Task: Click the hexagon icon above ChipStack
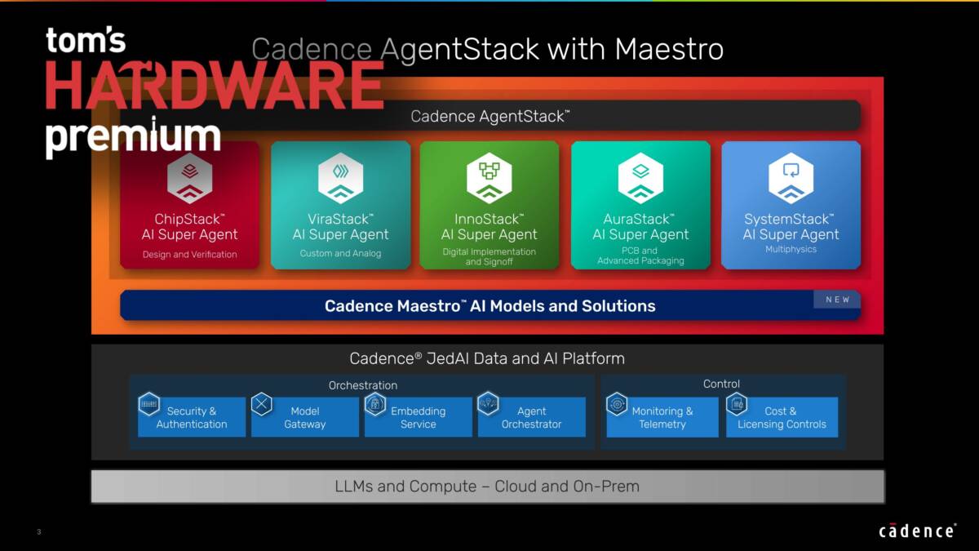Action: pos(189,178)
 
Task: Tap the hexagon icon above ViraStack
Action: pos(340,178)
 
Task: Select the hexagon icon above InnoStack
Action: pos(489,178)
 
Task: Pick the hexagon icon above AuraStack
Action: pos(640,178)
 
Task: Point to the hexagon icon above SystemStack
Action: pos(791,178)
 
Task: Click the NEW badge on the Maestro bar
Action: pos(837,300)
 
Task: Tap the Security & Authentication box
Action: pos(192,417)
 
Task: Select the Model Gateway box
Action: pos(304,417)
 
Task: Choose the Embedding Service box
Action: pos(419,417)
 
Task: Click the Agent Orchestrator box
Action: pos(531,417)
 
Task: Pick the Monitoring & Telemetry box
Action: pos(662,417)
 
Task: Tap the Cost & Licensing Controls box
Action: pos(782,417)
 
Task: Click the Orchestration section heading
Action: pos(363,385)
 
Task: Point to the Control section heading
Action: pos(721,384)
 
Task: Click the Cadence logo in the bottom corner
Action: pos(917,531)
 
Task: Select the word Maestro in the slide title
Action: pos(669,49)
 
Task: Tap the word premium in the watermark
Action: pos(133,136)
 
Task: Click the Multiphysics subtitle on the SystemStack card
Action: pos(791,249)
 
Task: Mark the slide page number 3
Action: pos(39,531)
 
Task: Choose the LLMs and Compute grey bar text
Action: pos(487,487)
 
